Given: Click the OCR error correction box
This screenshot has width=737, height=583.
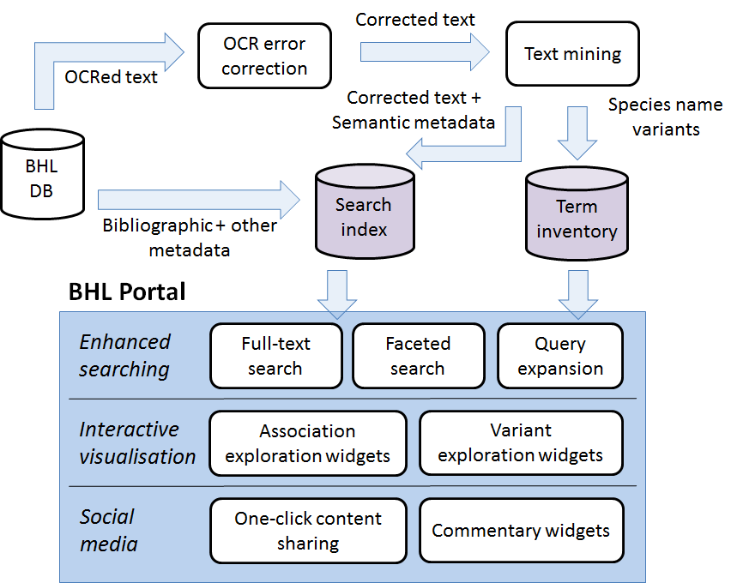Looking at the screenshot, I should pos(263,56).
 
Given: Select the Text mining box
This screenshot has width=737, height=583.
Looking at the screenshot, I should pos(572,54).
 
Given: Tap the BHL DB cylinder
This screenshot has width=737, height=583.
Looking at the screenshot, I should pos(41,177).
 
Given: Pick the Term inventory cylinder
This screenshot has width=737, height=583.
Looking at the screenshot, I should pos(576,215).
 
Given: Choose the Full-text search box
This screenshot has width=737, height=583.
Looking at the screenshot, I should pos(275,356).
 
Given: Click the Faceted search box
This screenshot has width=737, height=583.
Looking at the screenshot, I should pos(418,356).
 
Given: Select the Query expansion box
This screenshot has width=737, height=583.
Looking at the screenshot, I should pos(560,356).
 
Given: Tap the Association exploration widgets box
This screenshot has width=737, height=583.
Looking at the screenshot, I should pos(307,443).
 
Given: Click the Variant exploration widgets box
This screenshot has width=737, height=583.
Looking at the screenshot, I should pos(521,442).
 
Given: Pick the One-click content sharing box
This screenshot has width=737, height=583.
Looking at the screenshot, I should pos(308,531).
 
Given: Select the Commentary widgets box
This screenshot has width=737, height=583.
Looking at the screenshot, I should pos(521,531).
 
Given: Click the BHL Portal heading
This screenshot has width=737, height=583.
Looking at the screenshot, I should pos(127,292).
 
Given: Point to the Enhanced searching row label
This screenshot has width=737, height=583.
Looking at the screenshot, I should pos(125,356).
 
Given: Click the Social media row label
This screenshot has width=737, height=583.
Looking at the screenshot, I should pos(109,531).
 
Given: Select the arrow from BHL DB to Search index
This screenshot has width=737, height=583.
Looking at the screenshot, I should pos(197,200).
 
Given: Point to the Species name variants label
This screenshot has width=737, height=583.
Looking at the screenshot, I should pos(666,117).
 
